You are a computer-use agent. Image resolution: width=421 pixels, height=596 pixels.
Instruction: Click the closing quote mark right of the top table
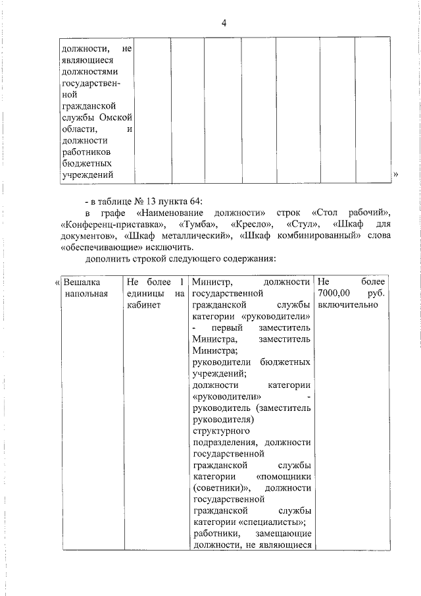[396, 175]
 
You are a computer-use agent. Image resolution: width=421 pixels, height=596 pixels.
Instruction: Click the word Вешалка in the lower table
[82, 283]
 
